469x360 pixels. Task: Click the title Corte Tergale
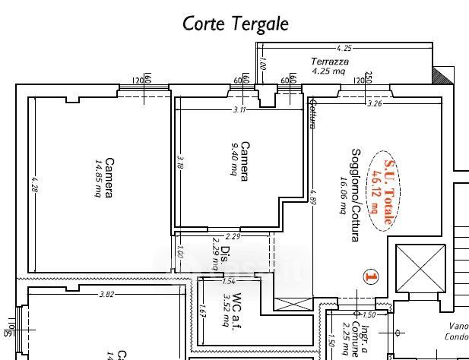(x=236, y=24)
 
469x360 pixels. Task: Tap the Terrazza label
(x=329, y=62)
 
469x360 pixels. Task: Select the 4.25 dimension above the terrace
(x=344, y=48)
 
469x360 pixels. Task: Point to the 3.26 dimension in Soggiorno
(x=374, y=103)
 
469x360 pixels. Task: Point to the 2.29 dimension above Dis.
(x=233, y=236)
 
